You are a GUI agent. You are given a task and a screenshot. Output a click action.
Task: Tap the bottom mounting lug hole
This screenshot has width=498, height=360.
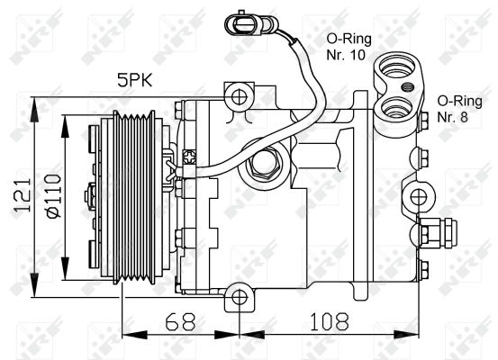pyautogui.click(x=238, y=296)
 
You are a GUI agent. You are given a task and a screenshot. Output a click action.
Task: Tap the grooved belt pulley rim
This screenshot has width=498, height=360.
pyautogui.click(x=135, y=197)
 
